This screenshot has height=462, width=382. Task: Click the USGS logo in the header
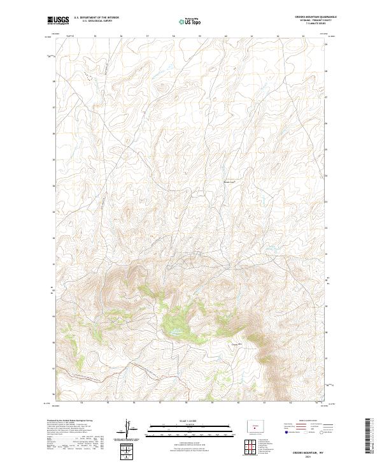(x=57, y=21)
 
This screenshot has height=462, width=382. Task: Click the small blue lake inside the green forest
(x=171, y=332)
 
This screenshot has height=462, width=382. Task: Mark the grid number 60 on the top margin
(x=226, y=36)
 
